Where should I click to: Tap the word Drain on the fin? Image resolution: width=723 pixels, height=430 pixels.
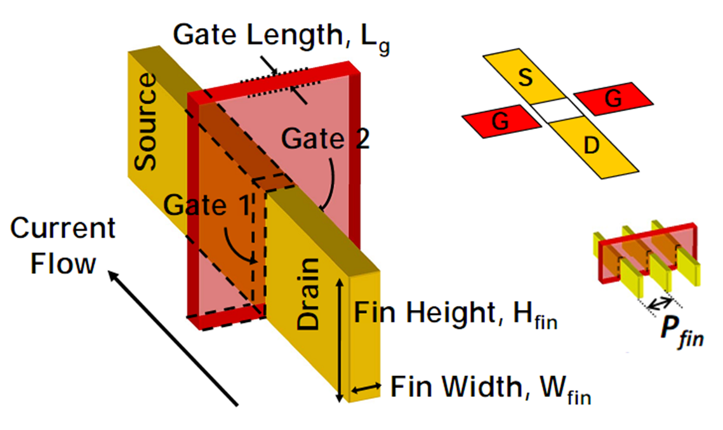(309, 293)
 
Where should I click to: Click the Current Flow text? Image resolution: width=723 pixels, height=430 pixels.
(63, 245)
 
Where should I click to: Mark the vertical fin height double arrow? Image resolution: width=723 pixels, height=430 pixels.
(341, 341)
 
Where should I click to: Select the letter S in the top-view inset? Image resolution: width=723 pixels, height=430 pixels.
(525, 79)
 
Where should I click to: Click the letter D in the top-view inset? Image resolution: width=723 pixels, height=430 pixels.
(591, 145)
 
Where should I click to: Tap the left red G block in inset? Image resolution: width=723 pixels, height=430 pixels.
(501, 121)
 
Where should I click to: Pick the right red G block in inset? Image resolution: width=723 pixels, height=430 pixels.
(614, 97)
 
